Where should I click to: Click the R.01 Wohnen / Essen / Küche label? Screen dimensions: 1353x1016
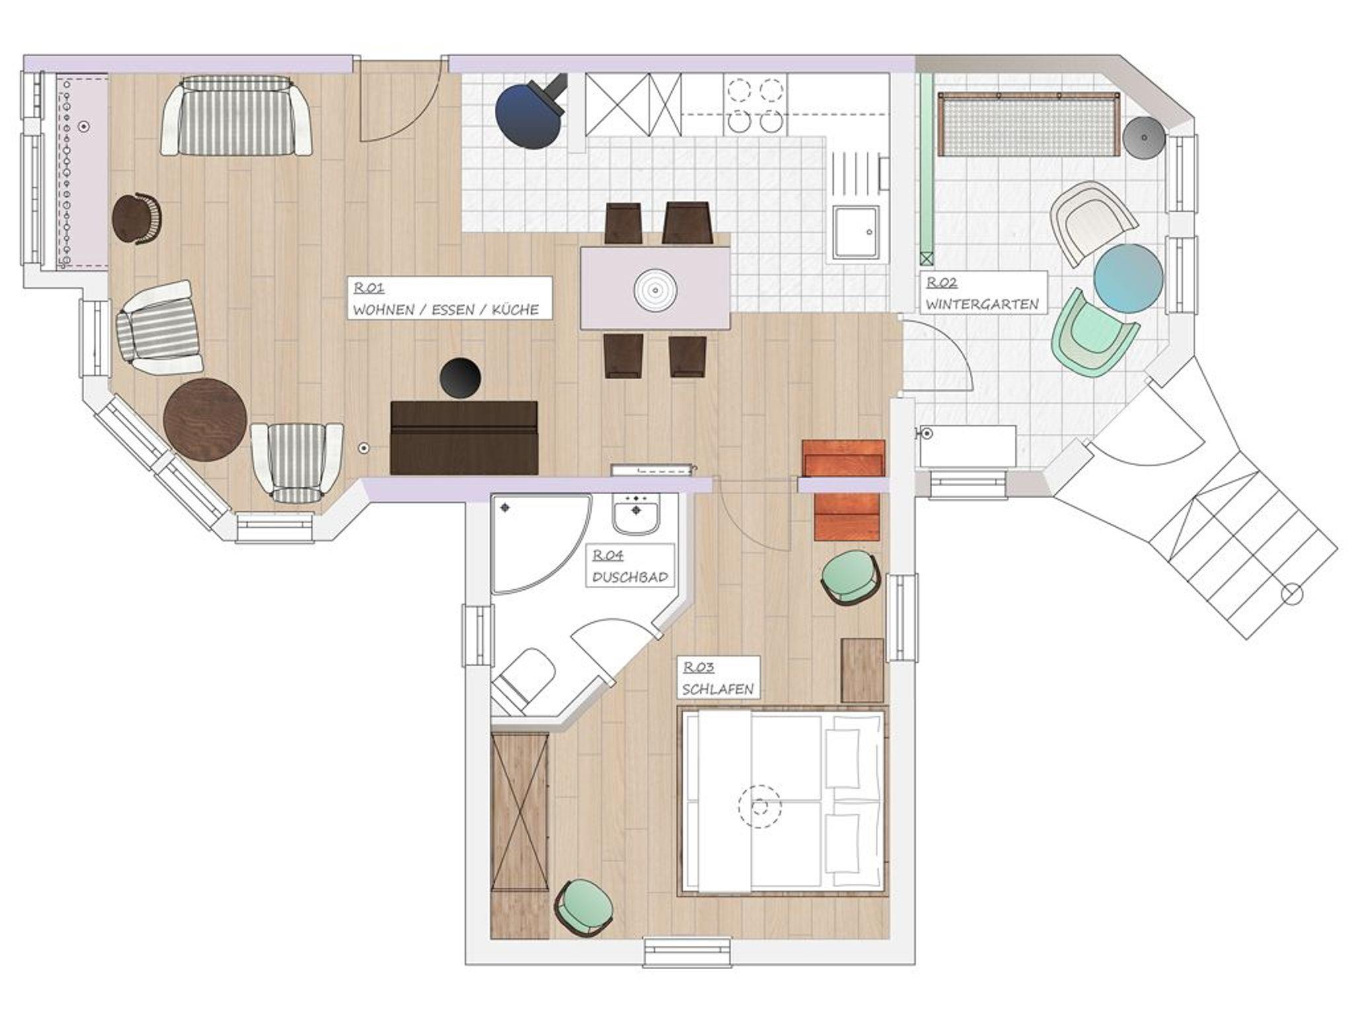pyautogui.click(x=450, y=299)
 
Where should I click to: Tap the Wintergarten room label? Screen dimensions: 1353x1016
pyautogui.click(x=983, y=293)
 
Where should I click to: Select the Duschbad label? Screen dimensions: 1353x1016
pyautogui.click(x=630, y=565)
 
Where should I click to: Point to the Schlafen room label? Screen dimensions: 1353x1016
pyautogui.click(x=717, y=678)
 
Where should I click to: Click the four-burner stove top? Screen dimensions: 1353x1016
pyautogui.click(x=755, y=105)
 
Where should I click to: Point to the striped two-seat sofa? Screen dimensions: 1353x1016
pyautogui.click(x=237, y=116)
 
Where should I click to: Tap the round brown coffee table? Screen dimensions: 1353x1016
pyautogui.click(x=205, y=420)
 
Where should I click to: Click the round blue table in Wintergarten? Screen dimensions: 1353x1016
pyautogui.click(x=1128, y=278)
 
